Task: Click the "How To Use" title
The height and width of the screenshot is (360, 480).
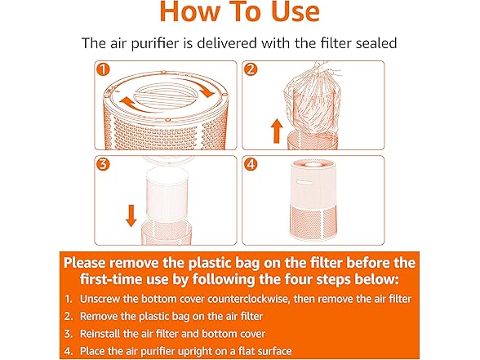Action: pyautogui.click(x=240, y=14)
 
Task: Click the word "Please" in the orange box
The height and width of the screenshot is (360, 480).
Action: pyautogui.click(x=91, y=263)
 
